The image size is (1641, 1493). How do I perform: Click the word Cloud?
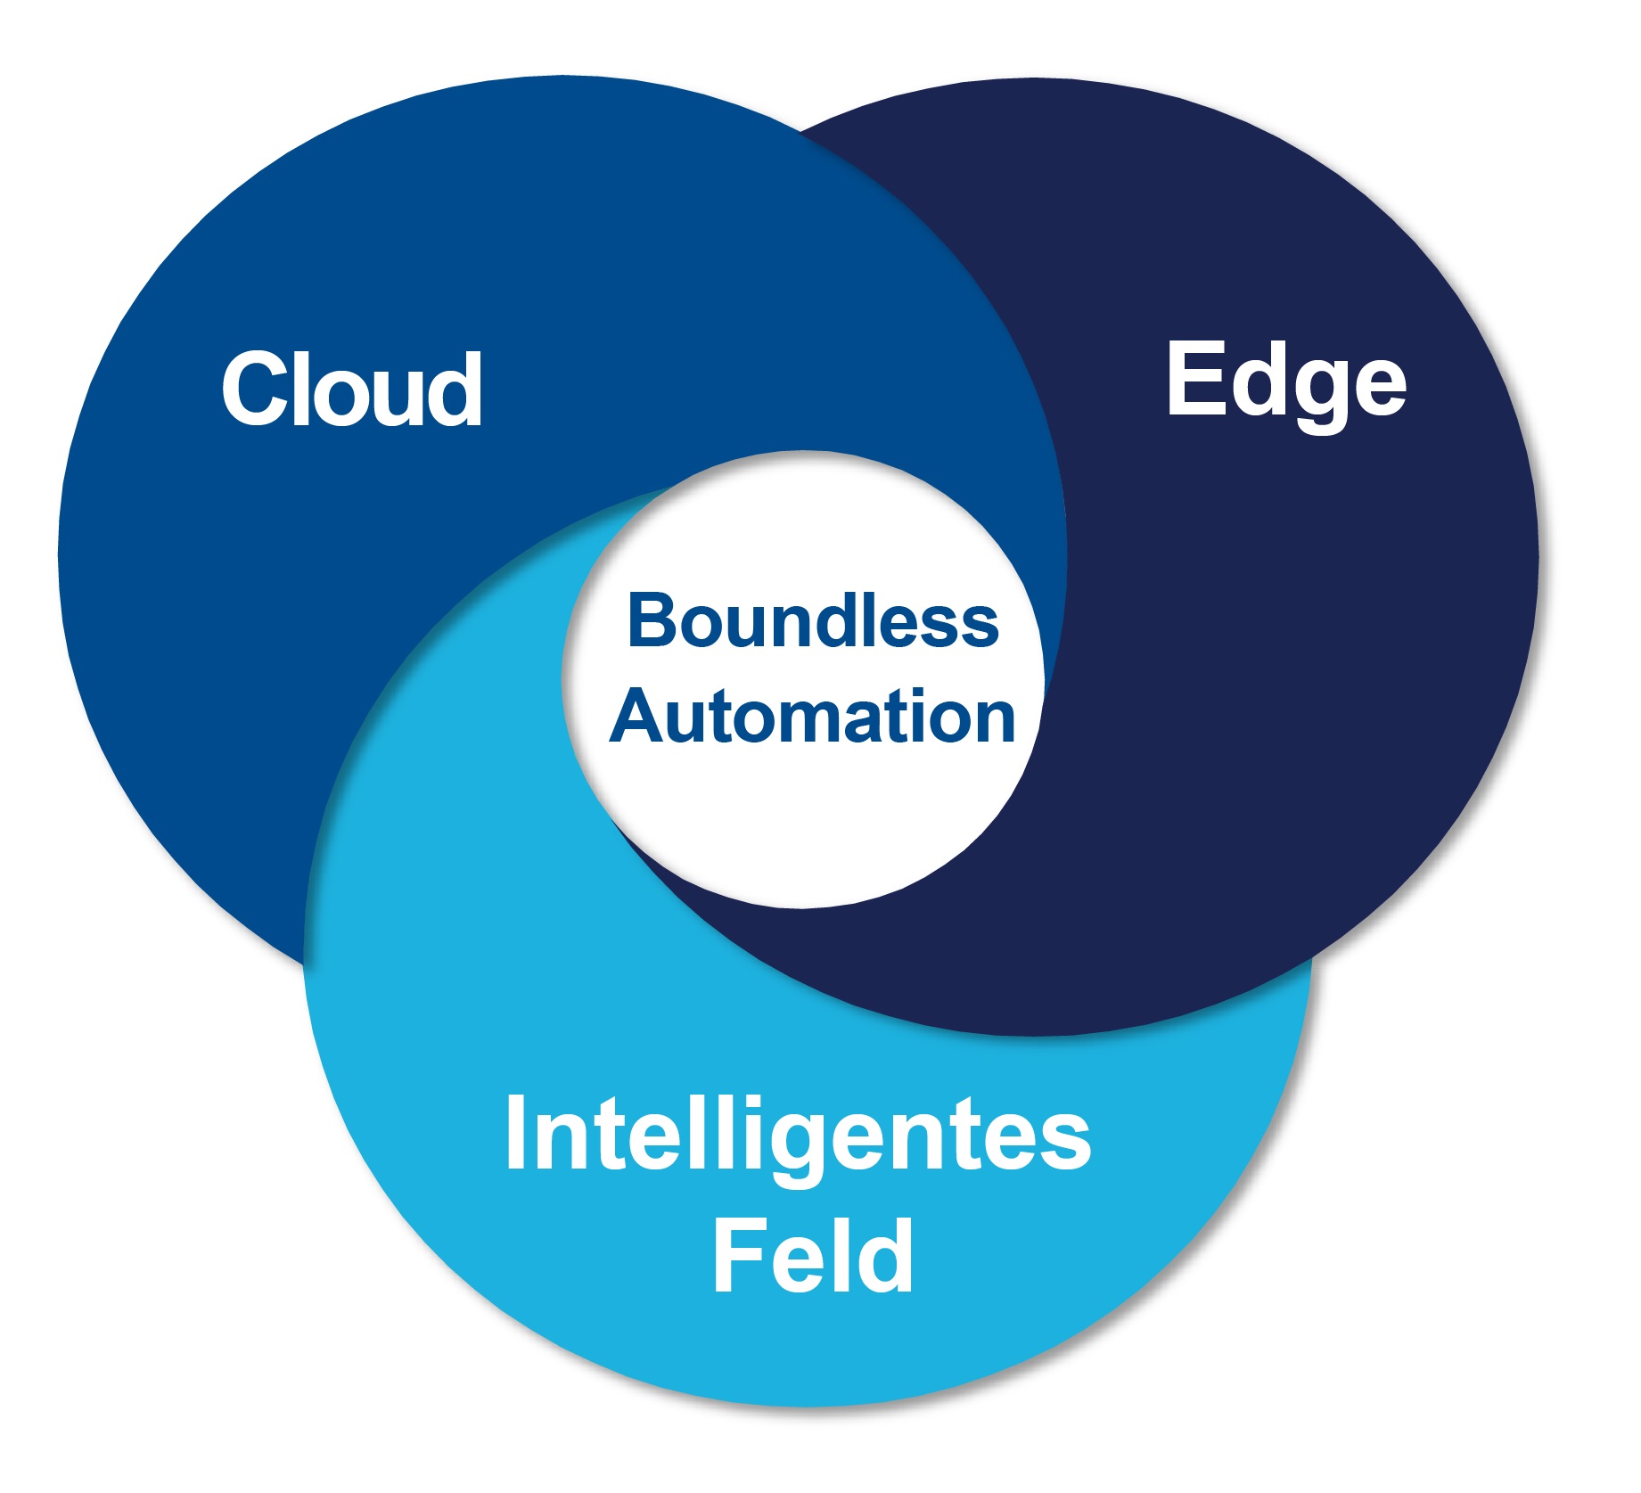pos(352,389)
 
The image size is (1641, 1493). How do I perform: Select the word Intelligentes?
pos(797,1135)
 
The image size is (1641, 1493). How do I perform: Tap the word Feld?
pos(812,1256)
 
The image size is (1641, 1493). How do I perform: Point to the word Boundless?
pos(812,620)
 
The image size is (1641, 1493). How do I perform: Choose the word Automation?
pos(812,717)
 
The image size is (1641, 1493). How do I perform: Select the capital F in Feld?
pos(735,1256)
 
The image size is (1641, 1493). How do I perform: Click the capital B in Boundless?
pos(653,620)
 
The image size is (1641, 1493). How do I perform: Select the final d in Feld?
pos(889,1256)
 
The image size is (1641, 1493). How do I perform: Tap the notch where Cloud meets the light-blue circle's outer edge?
pos(305,964)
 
